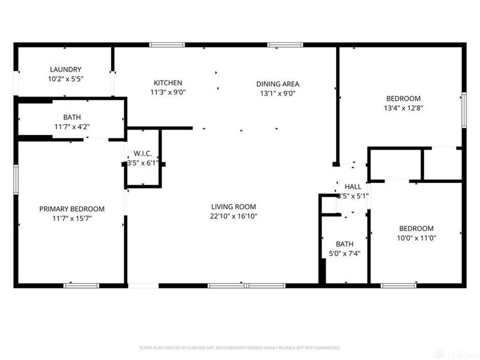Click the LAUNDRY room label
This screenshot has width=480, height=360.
65,70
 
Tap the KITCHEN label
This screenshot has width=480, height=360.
167,83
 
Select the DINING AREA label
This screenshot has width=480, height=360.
277,84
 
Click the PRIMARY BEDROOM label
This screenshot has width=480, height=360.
72,209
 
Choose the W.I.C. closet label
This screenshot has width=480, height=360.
143,152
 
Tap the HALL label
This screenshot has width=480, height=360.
353,187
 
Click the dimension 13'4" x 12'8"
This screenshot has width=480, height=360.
403,108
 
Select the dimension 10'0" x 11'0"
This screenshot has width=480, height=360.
416,238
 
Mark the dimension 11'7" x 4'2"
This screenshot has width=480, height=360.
71,127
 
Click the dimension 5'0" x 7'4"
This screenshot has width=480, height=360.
344,253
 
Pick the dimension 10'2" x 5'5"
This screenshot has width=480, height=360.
65,79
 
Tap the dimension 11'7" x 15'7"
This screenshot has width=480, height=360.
72,218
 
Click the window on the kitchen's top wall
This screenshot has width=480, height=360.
167,44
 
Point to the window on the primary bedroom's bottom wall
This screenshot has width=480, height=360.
81,285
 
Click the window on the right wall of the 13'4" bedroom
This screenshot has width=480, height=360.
463,110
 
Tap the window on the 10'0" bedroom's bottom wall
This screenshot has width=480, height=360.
398,285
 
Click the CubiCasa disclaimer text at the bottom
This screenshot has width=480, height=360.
240,347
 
